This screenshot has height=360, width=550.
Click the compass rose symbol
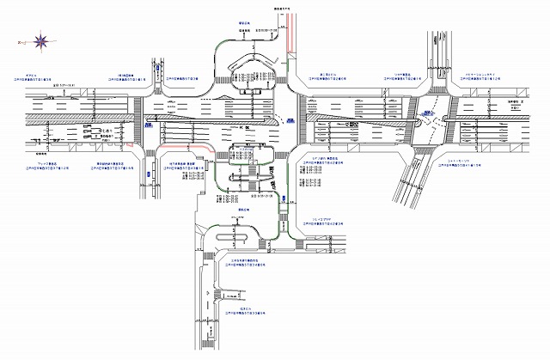[40, 40]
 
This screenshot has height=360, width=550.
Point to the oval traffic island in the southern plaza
[237, 234]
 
